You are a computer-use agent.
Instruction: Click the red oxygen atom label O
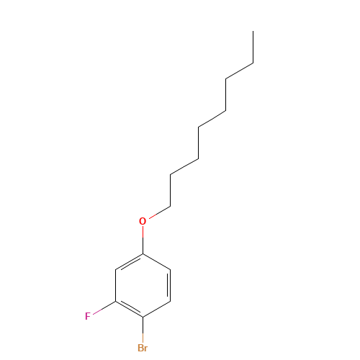coord(143,221)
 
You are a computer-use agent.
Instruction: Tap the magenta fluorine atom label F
coord(88,316)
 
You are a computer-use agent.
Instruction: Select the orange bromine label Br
coord(143,348)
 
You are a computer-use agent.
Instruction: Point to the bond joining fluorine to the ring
coord(104,309)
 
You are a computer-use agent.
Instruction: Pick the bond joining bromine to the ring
coord(143,330)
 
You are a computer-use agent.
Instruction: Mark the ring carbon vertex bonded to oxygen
coord(143,254)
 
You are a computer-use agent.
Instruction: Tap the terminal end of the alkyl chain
coord(252,63)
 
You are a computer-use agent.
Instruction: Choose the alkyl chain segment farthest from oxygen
coord(239,71)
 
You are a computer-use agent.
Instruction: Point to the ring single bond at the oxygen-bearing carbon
coord(156,262)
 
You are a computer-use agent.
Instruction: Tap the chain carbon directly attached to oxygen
coord(171,205)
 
